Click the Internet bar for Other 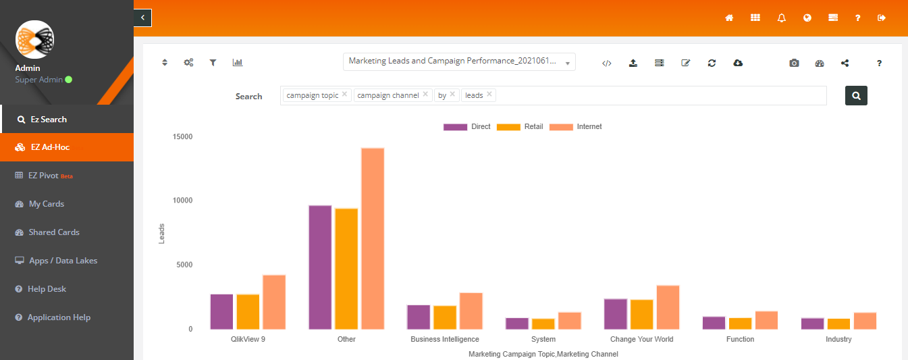pyautogui.click(x=373, y=238)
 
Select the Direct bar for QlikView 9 pyautogui.click(x=221, y=311)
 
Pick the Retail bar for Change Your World pyautogui.click(x=642, y=314)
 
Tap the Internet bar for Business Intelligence pyautogui.click(x=471, y=311)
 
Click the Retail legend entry pyautogui.click(x=520, y=127)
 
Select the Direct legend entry pyautogui.click(x=467, y=127)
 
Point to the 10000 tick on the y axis pyautogui.click(x=182, y=201)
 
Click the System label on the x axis pyautogui.click(x=543, y=339)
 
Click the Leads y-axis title pyautogui.click(x=161, y=234)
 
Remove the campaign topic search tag pyautogui.click(x=344, y=94)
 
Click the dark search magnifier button pyautogui.click(x=856, y=96)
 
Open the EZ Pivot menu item pyautogui.click(x=43, y=176)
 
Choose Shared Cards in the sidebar pyautogui.click(x=47, y=232)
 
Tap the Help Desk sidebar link pyautogui.click(x=41, y=289)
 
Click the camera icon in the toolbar pyautogui.click(x=794, y=63)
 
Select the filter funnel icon pyautogui.click(x=213, y=62)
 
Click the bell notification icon pyautogui.click(x=782, y=18)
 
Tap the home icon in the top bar pyautogui.click(x=729, y=18)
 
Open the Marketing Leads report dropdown pyautogui.click(x=459, y=61)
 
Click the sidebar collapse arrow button pyautogui.click(x=142, y=18)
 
